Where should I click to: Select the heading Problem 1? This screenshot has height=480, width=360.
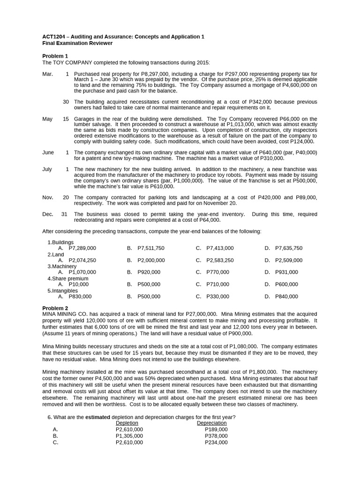coord(55,56)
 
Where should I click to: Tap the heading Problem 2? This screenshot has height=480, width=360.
coord(55,308)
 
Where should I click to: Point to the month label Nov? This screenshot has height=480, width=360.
coord(47,197)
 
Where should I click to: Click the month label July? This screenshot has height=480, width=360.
coord(47,169)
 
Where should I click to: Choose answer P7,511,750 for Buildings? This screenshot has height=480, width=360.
coord(151,248)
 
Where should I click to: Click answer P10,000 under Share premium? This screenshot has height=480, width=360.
coord(78,284)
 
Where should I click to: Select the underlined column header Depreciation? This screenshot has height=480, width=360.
coord(211,423)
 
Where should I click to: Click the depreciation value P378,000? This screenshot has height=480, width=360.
coord(216,435)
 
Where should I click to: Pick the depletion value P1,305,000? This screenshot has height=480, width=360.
coord(129,435)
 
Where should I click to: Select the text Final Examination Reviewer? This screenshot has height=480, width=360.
coord(77,43)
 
